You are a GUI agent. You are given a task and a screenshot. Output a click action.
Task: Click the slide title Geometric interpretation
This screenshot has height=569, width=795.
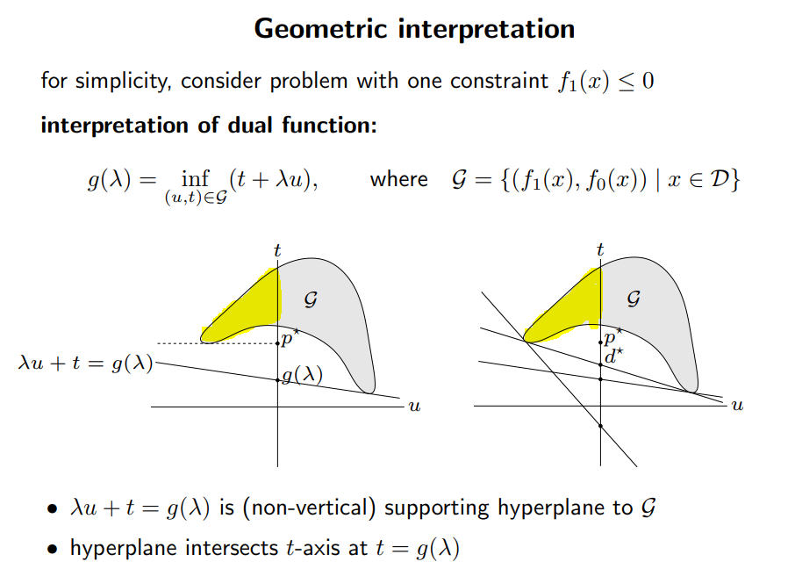click(414, 29)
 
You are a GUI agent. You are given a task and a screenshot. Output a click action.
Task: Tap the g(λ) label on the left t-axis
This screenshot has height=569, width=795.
click(302, 375)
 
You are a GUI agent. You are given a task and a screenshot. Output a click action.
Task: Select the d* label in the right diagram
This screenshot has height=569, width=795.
click(614, 356)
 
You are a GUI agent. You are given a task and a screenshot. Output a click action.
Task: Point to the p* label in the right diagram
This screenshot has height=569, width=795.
click(614, 335)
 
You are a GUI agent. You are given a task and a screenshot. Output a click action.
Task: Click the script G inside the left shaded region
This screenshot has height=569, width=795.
click(310, 299)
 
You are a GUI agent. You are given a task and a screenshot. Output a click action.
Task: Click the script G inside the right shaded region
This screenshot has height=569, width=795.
click(634, 299)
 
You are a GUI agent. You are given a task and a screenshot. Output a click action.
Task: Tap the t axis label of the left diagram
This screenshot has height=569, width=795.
click(277, 250)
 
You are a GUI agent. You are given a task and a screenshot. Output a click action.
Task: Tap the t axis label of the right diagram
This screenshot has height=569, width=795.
click(600, 250)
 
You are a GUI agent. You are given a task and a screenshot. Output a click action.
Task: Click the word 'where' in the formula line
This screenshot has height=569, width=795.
click(398, 180)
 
